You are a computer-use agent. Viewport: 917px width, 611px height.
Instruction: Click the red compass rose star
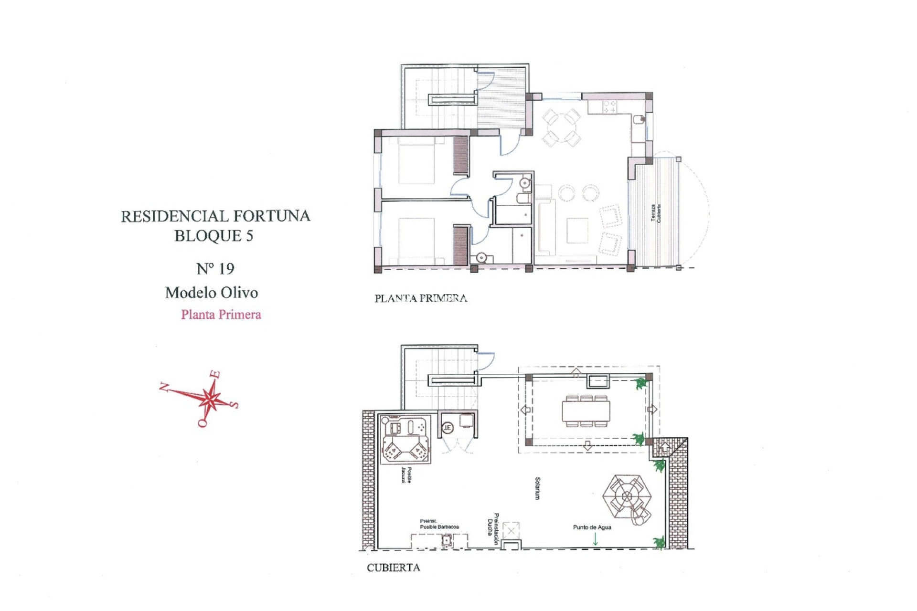point(209,398)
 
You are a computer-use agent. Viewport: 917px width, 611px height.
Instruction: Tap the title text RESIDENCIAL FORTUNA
point(215,216)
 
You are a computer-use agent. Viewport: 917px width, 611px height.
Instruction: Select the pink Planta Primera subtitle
point(221,315)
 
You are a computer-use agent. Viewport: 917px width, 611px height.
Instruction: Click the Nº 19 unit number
point(215,269)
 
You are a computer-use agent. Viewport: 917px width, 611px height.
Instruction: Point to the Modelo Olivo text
point(212,292)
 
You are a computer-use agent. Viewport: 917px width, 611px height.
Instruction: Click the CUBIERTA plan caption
point(394,568)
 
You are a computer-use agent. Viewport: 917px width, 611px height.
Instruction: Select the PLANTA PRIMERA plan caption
point(421,298)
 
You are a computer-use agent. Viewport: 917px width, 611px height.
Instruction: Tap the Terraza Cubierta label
point(656,213)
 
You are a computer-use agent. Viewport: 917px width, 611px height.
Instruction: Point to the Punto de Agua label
point(592,527)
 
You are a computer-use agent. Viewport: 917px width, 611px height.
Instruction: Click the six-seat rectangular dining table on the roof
point(586,411)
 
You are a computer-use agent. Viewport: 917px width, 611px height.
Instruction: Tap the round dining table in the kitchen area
point(562,127)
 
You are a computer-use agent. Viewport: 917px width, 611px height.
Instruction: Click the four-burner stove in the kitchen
point(609,107)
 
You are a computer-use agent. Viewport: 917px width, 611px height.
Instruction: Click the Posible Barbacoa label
point(439,524)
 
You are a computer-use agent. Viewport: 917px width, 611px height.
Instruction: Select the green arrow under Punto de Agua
point(595,539)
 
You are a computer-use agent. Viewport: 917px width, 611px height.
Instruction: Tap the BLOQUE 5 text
point(213,236)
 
